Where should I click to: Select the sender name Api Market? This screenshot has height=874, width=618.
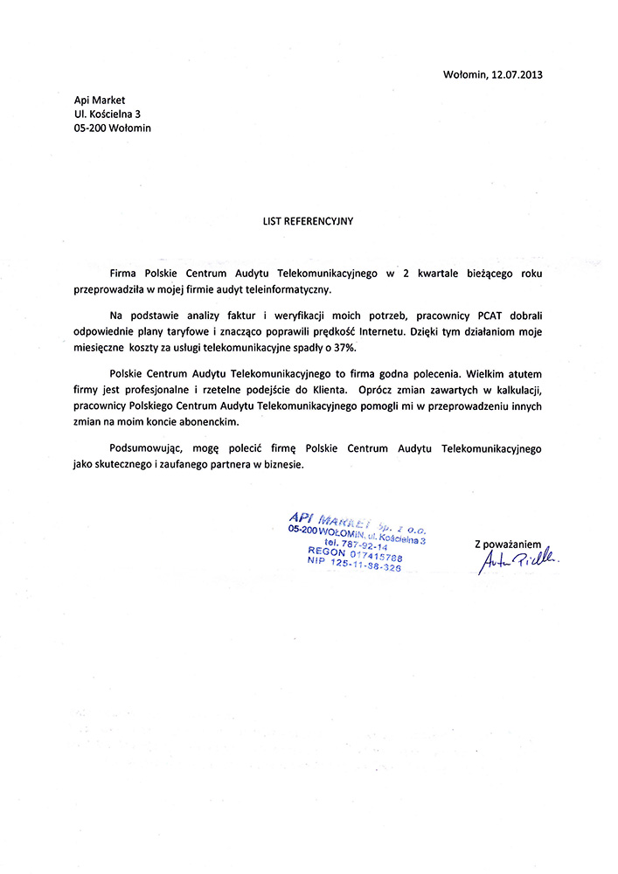pos(100,100)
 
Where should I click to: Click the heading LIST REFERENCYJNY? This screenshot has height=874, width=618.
pos(308,221)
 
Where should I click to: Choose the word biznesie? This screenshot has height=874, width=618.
pos(281,465)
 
